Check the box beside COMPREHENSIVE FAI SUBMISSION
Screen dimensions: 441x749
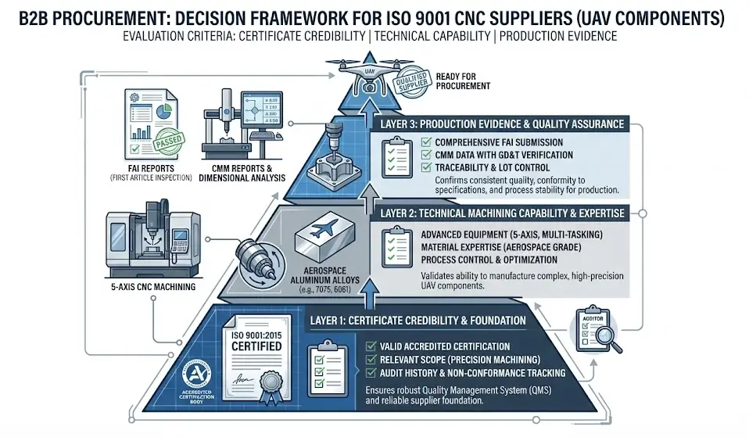click(x=426, y=142)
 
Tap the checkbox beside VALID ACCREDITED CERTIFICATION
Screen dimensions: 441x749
click(x=370, y=346)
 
